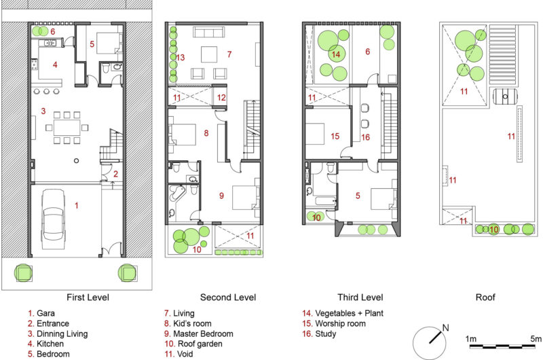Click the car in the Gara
pos(54,219)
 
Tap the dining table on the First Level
pos(67,128)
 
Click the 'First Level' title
pos(88,298)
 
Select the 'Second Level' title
pos(228,298)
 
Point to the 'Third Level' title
pos(360,298)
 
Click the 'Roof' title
pos(485,298)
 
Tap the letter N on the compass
pos(446,327)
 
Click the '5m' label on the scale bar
pos(536,338)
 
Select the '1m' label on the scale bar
pos(470,338)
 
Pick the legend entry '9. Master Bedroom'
pos(198,334)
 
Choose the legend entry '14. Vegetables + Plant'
pos(343,313)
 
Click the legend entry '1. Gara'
pos(41,313)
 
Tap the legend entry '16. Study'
pos(319,334)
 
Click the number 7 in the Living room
pos(229,54)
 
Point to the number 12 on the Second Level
pos(221,98)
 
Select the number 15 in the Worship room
pos(335,136)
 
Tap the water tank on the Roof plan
pos(505,96)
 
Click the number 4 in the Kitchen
pos(55,65)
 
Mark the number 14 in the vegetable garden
pos(335,54)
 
